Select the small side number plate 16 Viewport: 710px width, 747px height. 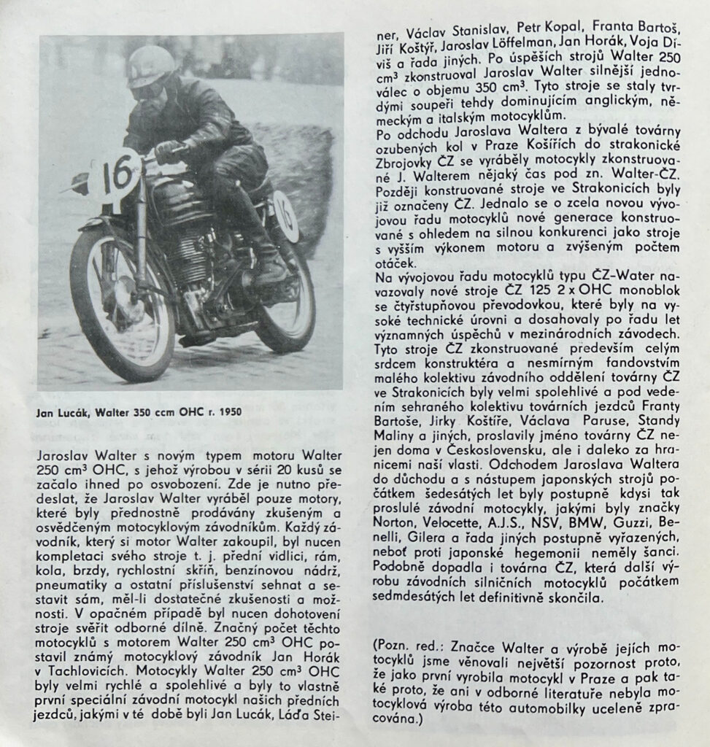click(x=286, y=216)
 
